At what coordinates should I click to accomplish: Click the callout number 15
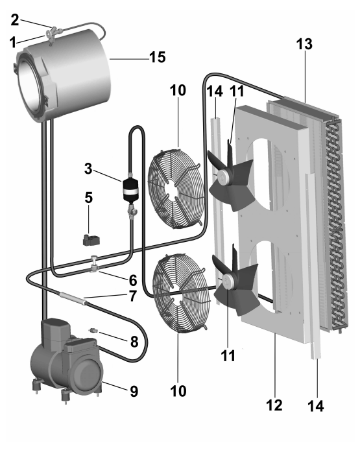(158, 57)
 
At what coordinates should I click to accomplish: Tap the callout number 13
(304, 44)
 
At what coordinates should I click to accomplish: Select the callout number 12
(274, 405)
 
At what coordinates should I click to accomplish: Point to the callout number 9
(134, 391)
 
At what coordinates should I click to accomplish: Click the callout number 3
(88, 169)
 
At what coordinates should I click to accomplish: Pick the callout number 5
(89, 198)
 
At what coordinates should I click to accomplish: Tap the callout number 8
(134, 342)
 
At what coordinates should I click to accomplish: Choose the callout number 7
(133, 296)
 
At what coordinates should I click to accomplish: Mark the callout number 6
(133, 280)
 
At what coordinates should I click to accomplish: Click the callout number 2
(15, 20)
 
